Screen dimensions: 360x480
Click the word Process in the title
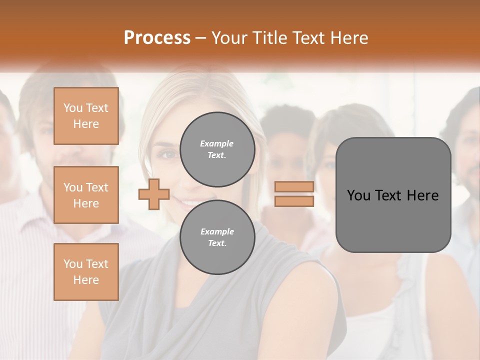click(x=157, y=37)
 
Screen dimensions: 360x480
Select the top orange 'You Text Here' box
click(x=86, y=116)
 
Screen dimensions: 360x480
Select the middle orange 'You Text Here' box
click(x=86, y=195)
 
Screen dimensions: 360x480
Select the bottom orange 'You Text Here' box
click(x=86, y=271)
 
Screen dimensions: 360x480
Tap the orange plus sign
click(x=154, y=194)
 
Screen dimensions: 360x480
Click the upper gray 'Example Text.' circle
click(x=217, y=149)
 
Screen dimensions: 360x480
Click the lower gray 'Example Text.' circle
click(x=217, y=237)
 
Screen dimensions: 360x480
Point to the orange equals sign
click(x=294, y=194)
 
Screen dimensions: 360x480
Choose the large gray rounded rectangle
click(x=393, y=194)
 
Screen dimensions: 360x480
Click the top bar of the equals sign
click(x=294, y=187)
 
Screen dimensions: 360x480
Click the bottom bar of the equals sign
click(x=294, y=201)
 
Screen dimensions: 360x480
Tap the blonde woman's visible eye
click(x=167, y=153)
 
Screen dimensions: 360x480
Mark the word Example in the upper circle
click(x=217, y=143)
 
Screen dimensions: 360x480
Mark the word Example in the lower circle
click(x=217, y=231)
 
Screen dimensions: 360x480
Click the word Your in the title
click(x=227, y=37)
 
